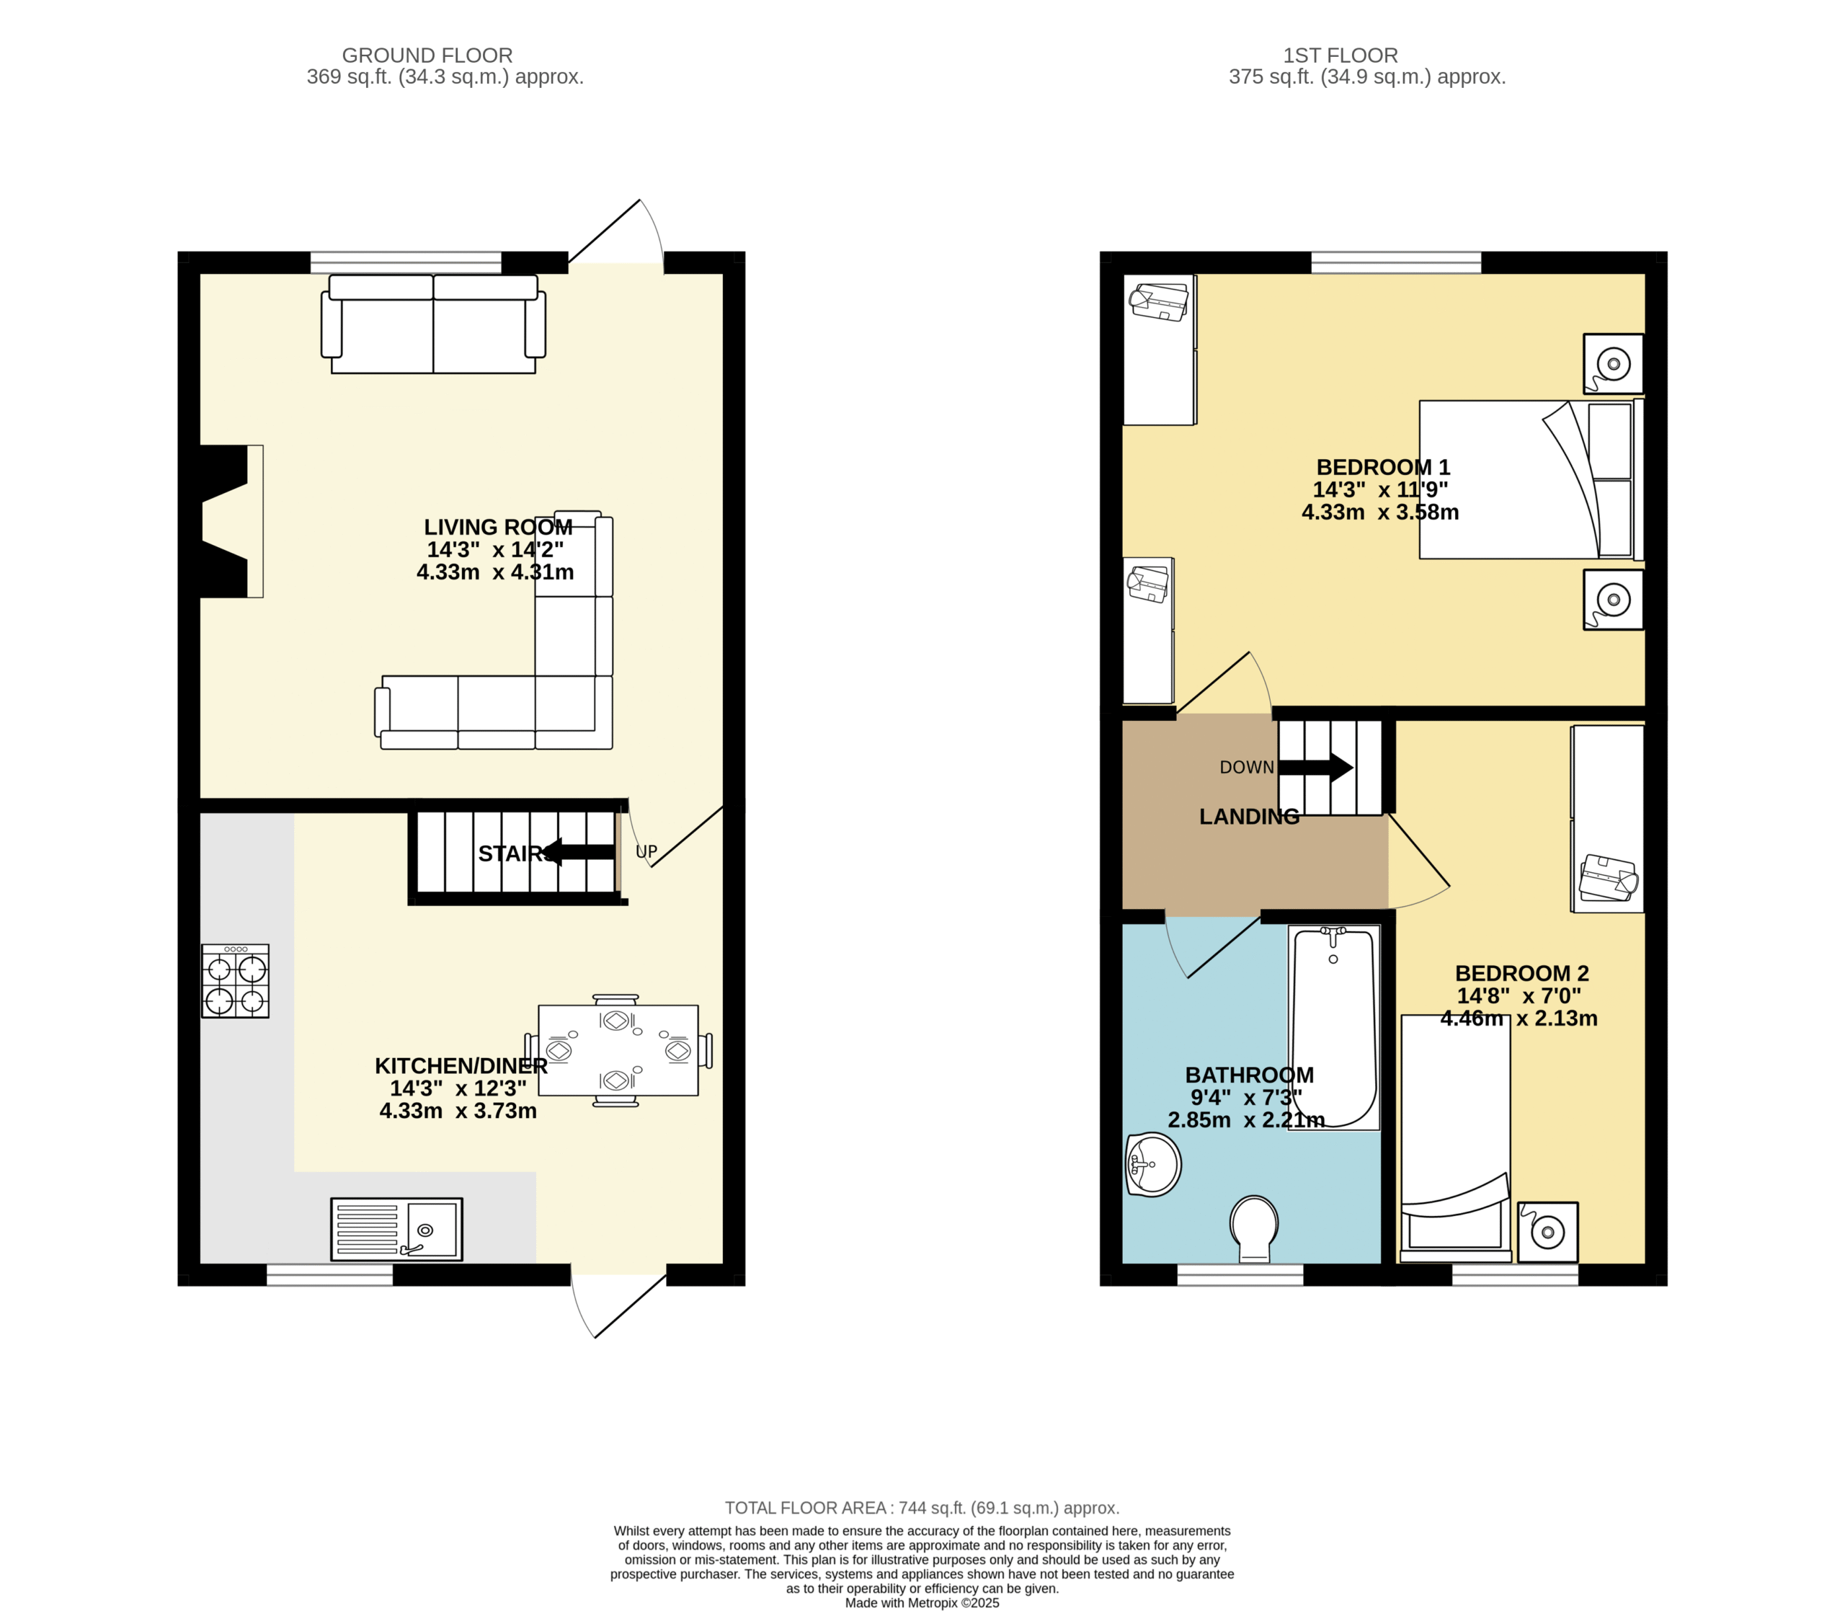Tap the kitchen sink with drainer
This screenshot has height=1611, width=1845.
coord(396,1229)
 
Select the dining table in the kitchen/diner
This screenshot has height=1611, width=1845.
coord(618,1050)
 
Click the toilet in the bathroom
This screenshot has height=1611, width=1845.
coord(1255,1229)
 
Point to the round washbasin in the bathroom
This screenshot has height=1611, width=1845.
coord(1153,1164)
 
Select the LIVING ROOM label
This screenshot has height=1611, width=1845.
coord(498,527)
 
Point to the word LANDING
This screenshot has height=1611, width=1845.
coord(1249,816)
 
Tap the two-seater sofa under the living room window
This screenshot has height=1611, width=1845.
coord(434,324)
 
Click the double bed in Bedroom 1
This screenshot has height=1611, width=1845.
coord(1531,479)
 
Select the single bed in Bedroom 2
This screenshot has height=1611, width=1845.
coord(1456,1137)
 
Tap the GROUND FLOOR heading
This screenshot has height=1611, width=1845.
coord(428,56)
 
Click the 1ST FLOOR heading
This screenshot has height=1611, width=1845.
coord(1341,56)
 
